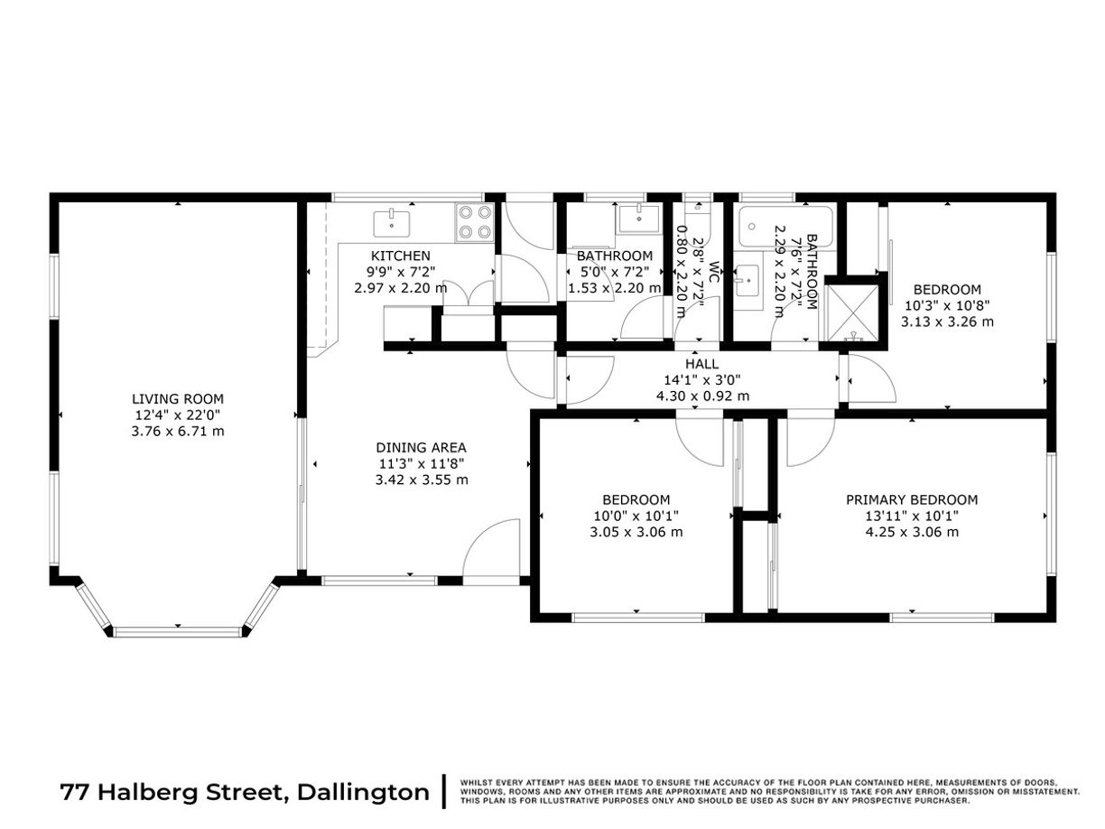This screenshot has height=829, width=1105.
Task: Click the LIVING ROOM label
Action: [x=177, y=399]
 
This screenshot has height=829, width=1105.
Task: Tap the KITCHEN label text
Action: [x=400, y=256]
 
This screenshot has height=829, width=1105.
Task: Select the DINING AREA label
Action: [x=421, y=448]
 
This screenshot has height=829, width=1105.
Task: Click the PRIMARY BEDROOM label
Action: [x=912, y=499]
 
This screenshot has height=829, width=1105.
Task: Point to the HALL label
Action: [x=701, y=364]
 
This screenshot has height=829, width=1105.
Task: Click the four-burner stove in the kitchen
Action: [x=475, y=222]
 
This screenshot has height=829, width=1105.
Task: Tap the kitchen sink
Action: [x=392, y=225]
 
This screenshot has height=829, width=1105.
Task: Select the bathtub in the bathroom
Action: [x=785, y=227]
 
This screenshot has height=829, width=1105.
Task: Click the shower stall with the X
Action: [x=852, y=313]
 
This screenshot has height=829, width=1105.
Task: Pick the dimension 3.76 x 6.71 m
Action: [x=178, y=432]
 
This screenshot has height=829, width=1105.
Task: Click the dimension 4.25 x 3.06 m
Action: [x=912, y=532]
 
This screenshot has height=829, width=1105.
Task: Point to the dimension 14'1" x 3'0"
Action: [x=701, y=380]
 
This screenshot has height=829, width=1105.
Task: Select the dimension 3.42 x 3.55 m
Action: [x=422, y=480]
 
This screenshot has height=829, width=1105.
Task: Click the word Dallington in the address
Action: [x=363, y=792]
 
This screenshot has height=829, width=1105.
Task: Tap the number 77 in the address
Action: [x=76, y=792]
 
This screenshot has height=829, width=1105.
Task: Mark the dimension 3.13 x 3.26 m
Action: [x=947, y=321]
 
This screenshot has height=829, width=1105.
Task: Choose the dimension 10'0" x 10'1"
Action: [x=636, y=516]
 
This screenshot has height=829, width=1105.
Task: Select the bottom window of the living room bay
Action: [x=178, y=632]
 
